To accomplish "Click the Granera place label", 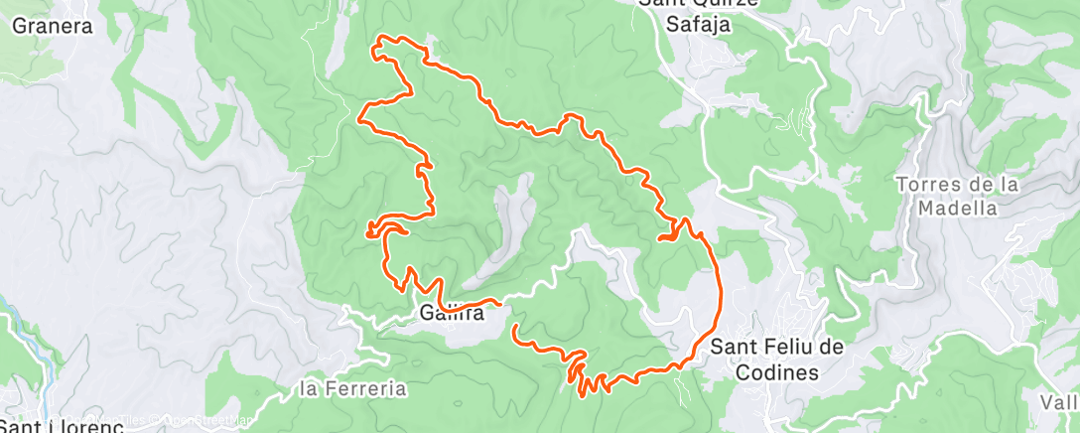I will pos(52,27).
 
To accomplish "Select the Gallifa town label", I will pos(451,314).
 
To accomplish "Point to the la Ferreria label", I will pos(352,389).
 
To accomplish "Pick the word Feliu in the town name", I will pos(786,348).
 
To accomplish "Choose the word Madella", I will pos(957,209).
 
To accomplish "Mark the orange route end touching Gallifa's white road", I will pos(495,300).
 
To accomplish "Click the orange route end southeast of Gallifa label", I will pos(514,326).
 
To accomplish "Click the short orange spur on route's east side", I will pos(664,237).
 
